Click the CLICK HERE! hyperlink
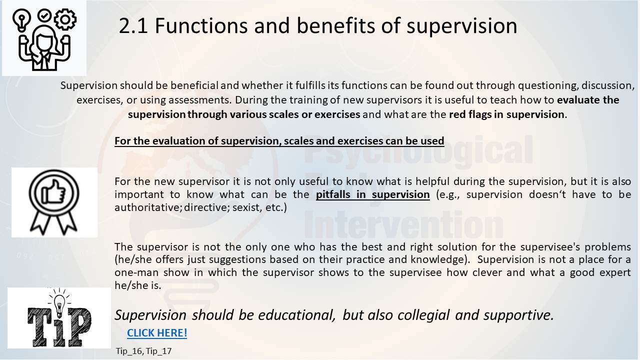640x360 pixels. click(157, 333)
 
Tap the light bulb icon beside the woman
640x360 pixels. click(21, 19)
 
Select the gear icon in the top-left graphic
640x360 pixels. click(65, 19)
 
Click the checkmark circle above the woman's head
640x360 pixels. click(44, 16)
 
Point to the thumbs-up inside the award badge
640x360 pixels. click(53, 192)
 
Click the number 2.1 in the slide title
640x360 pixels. click(133, 25)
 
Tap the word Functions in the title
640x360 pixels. click(201, 25)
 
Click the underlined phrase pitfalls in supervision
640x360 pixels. click(372, 195)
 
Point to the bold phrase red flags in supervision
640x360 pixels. click(506, 114)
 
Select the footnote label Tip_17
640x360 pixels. click(159, 351)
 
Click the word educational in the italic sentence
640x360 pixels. click(296, 315)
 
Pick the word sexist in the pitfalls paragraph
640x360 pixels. click(247, 207)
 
